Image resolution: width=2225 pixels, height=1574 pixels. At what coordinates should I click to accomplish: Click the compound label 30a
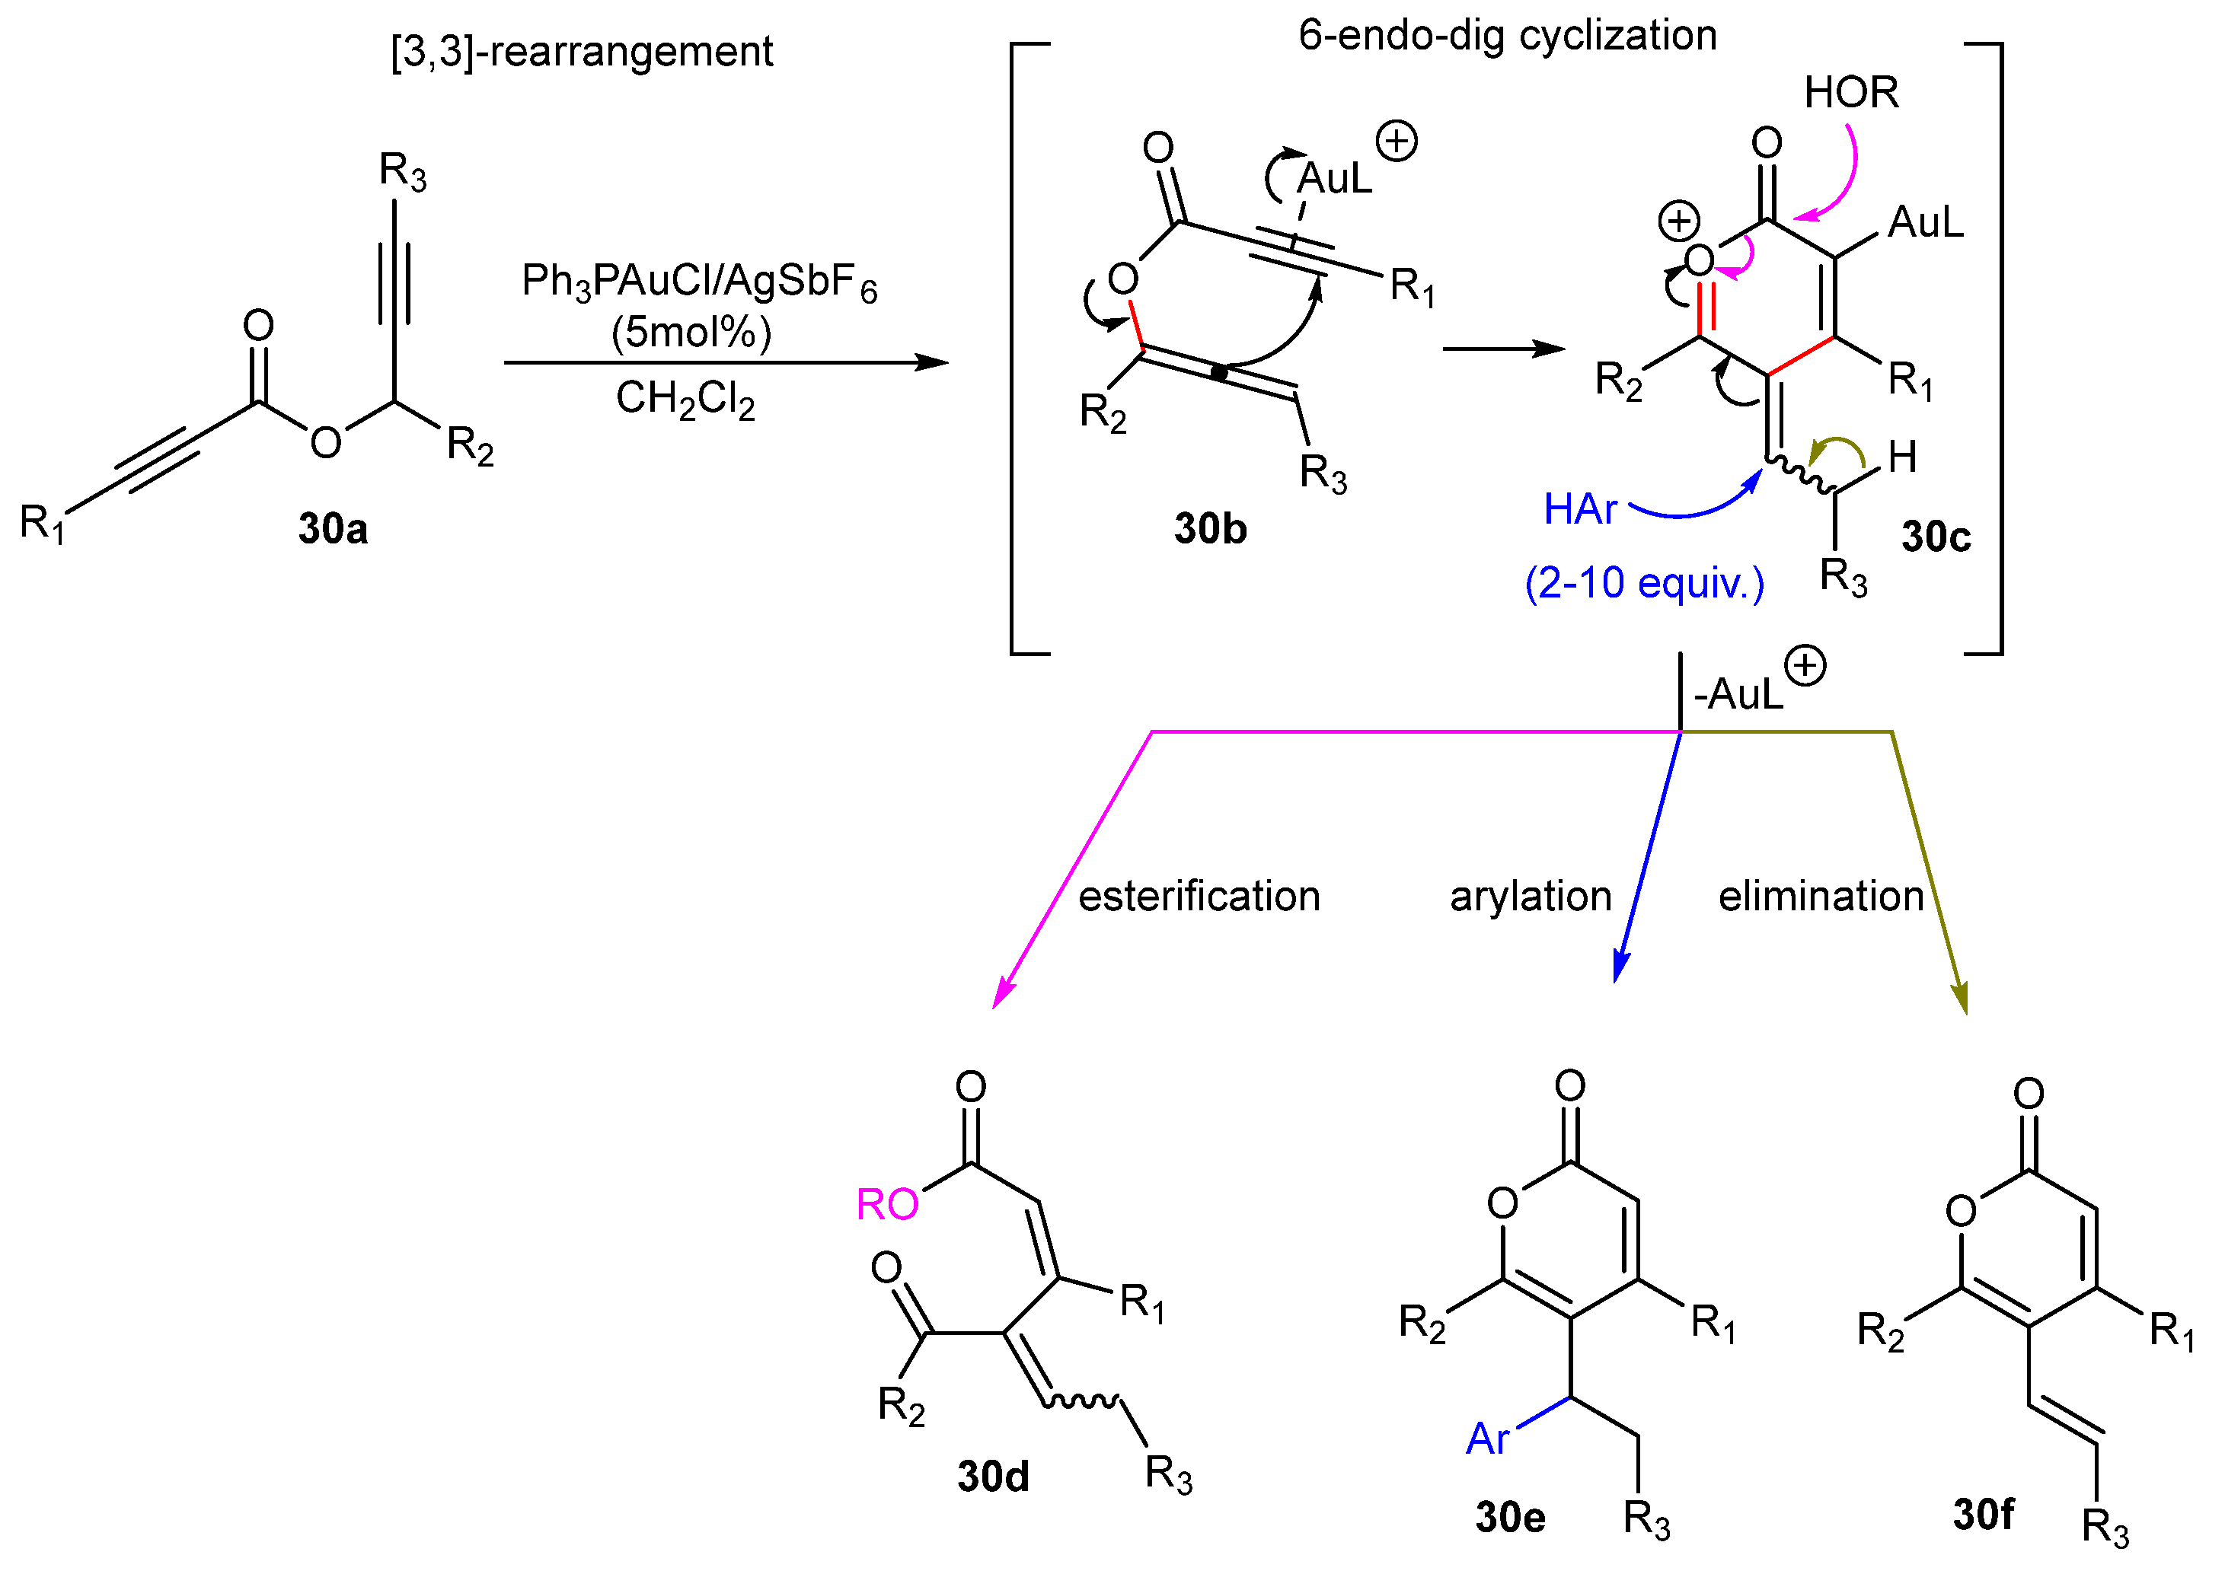[x=333, y=529]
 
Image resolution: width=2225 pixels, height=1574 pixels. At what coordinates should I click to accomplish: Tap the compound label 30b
[x=1210, y=529]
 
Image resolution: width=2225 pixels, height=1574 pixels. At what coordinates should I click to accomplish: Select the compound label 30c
[x=1935, y=537]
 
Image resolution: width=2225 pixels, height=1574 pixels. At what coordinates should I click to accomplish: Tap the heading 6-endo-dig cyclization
[x=1507, y=36]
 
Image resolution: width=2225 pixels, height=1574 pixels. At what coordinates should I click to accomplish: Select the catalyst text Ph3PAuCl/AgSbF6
[x=698, y=283]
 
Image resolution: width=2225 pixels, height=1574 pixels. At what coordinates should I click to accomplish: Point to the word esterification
[x=1199, y=897]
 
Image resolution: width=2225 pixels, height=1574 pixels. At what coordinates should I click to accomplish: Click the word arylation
[x=1530, y=897]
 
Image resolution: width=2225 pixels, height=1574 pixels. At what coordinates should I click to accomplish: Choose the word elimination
[x=1821, y=897]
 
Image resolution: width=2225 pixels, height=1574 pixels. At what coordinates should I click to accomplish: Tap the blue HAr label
[x=1579, y=510]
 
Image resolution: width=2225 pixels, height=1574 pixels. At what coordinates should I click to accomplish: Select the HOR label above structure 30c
[x=1851, y=93]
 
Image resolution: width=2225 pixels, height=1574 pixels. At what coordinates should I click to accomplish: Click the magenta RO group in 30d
[x=886, y=1205]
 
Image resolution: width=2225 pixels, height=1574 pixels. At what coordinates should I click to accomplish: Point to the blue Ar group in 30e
[x=1487, y=1439]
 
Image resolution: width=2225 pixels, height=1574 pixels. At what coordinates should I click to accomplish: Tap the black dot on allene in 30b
[x=1220, y=372]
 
